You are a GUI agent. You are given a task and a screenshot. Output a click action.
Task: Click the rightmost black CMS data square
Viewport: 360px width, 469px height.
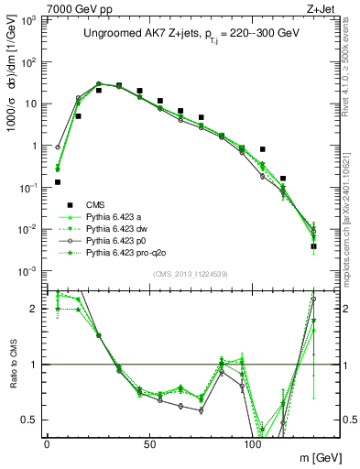pyautogui.click(x=313, y=246)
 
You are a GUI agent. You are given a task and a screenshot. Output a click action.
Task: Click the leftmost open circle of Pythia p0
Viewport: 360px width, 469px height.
pyautogui.click(x=58, y=147)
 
